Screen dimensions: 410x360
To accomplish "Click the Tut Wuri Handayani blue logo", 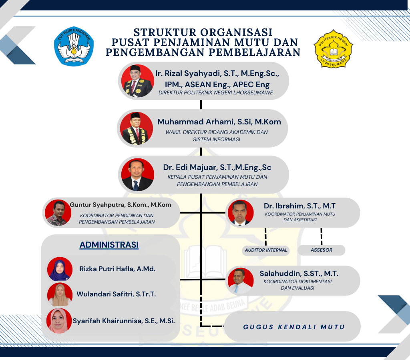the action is tap(74, 46).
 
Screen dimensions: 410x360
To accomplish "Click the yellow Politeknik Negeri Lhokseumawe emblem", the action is tap(334, 48).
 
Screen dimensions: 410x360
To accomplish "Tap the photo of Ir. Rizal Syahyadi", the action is tap(138, 81).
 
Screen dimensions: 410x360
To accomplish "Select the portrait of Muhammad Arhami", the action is tap(137, 128).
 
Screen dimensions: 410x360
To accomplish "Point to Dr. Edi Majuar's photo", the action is tap(138, 174).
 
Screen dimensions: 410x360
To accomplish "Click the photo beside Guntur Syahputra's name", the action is tap(58, 213).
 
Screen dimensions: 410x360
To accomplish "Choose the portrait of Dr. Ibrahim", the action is tap(241, 213).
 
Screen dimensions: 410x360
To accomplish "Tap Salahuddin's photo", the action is tap(241, 281).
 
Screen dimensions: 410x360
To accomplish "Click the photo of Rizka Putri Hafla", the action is tap(60, 269).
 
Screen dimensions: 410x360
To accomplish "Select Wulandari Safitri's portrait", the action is tap(60, 294).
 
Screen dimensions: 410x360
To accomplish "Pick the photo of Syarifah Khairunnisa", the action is tap(59, 321).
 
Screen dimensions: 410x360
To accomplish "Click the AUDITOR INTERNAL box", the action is tap(266, 250).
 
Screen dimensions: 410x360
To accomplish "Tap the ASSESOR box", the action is tap(322, 250).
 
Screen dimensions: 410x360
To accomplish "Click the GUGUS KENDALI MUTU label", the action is tap(294, 327).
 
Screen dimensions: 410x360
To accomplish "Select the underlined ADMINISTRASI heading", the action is tap(109, 245).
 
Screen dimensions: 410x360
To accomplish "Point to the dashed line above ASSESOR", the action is tap(322, 236).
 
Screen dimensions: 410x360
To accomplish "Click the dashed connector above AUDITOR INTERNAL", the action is tap(266, 237).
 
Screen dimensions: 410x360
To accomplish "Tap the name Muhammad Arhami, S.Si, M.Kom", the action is tap(219, 122).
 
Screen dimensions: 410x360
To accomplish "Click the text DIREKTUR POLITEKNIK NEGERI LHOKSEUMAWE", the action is tap(216, 92).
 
